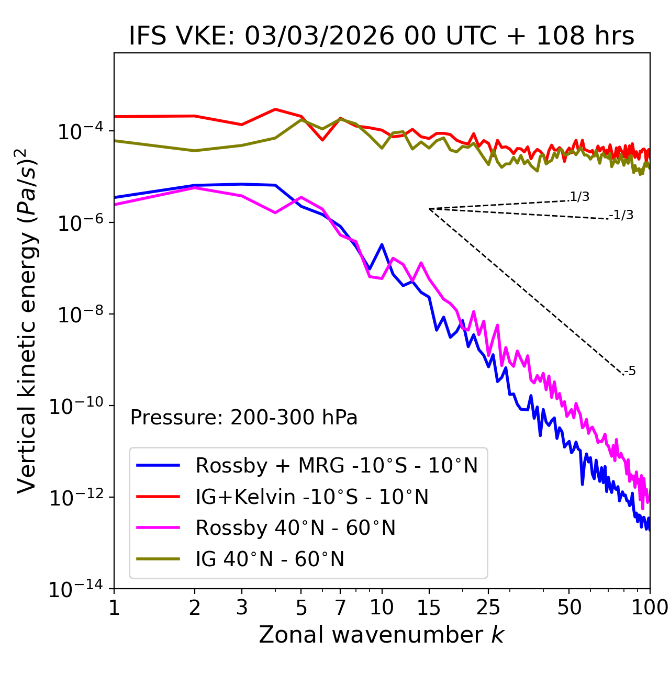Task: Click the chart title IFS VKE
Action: [382, 37]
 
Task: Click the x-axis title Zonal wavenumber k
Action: [381, 635]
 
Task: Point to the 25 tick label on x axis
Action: [488, 608]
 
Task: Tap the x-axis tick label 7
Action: [340, 608]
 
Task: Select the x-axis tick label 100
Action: [650, 608]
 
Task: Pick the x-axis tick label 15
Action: [429, 608]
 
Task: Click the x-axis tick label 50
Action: [569, 608]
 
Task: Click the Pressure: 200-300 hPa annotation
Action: [244, 418]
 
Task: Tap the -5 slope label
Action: [630, 372]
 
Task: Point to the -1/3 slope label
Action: [622, 215]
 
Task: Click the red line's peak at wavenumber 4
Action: [275, 109]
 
